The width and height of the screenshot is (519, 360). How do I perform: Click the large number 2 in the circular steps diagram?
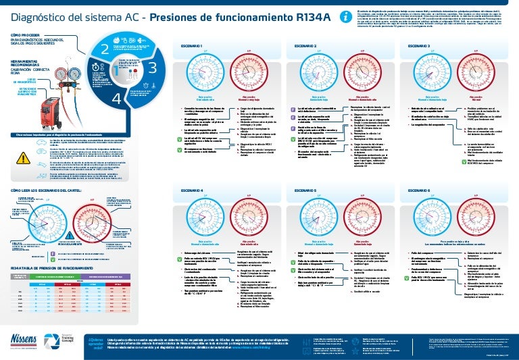(x=104, y=49)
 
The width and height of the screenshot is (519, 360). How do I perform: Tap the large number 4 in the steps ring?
(x=116, y=99)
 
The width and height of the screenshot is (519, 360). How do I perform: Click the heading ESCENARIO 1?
(x=192, y=45)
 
